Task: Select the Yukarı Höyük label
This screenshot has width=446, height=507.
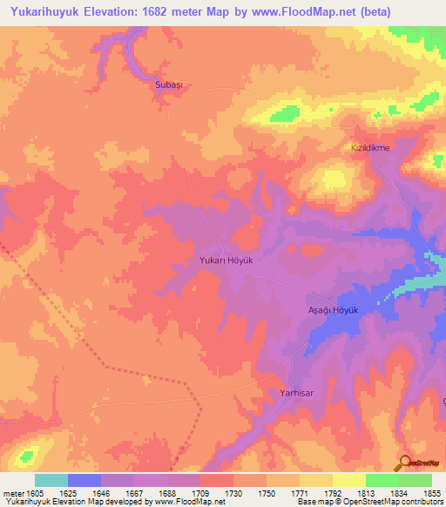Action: coord(226,260)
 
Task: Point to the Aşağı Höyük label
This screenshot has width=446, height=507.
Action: coord(334,311)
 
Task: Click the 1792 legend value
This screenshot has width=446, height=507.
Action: coord(331,492)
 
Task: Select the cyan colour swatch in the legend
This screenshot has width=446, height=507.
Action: coord(51,480)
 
